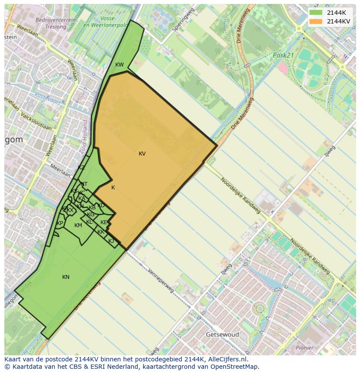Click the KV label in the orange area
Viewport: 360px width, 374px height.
[x=142, y=154]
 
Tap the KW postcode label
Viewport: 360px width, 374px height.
[x=119, y=65]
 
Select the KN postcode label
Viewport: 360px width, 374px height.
[x=66, y=277]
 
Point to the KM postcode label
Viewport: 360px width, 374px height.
[x=78, y=225]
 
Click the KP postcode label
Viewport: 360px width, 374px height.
[x=60, y=223]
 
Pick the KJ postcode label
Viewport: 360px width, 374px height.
[x=111, y=241]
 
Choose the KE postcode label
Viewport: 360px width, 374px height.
[x=103, y=222]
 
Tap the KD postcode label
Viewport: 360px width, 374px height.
[x=101, y=205]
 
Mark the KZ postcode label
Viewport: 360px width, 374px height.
[x=81, y=168]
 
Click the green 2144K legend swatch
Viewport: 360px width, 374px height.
[x=316, y=13]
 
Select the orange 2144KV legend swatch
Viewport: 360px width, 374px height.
[x=316, y=21]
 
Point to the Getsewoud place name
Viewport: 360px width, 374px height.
[x=223, y=334]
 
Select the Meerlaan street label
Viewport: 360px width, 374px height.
[x=60, y=170]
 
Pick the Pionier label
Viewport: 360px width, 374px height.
[x=304, y=348]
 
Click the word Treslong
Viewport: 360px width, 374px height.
[x=56, y=26]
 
